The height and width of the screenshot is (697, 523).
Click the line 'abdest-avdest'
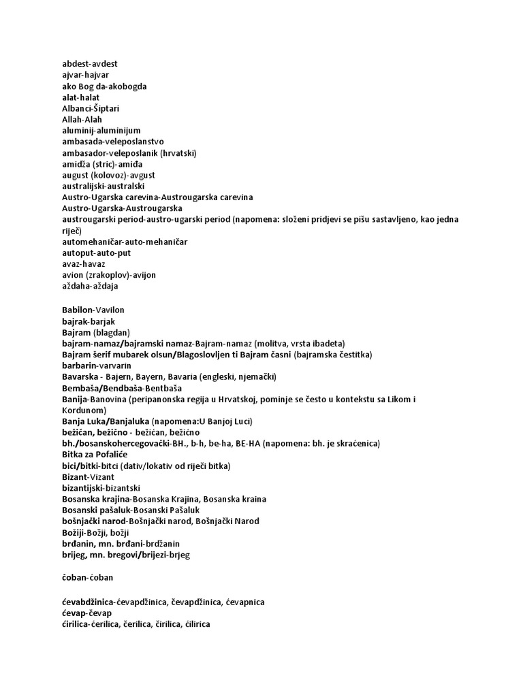[89, 64]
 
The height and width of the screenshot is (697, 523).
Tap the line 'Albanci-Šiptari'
[91, 108]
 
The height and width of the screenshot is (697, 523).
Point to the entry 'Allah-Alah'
[82, 119]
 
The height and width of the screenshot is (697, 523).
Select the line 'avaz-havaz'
[84, 263]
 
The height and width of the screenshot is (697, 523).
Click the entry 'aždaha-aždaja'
[90, 286]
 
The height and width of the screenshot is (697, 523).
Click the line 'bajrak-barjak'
[86, 321]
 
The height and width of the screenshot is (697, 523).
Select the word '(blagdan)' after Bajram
[112, 332]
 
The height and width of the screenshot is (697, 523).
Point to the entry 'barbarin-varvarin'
[96, 366]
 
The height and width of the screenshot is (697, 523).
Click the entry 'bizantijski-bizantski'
[101, 488]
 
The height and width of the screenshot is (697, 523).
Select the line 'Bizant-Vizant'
[88, 477]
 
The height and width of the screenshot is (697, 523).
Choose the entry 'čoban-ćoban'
[87, 577]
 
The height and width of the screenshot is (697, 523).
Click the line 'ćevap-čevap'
[86, 613]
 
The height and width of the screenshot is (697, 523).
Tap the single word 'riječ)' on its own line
[72, 231]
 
